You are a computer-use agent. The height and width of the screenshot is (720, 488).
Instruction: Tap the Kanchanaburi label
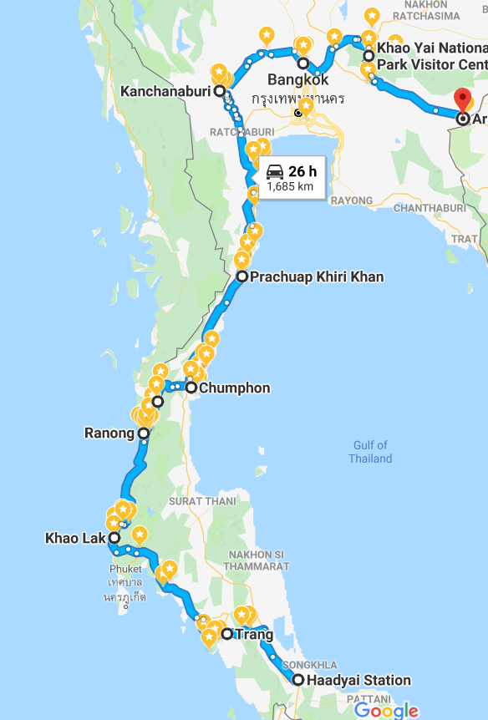click(x=165, y=90)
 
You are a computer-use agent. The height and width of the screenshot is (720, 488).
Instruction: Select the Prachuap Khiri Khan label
click(x=317, y=276)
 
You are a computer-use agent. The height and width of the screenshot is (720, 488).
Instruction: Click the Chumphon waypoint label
click(x=234, y=388)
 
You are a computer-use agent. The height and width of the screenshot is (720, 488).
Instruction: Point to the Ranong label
click(x=109, y=434)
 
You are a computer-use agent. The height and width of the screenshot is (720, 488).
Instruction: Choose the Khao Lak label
click(x=74, y=538)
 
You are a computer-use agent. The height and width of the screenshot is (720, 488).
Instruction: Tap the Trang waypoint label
click(x=254, y=635)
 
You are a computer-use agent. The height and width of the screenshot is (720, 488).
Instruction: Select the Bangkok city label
click(x=297, y=80)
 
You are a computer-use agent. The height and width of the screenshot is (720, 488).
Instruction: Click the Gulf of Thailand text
click(x=370, y=452)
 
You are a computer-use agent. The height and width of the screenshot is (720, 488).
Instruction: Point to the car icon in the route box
click(x=275, y=171)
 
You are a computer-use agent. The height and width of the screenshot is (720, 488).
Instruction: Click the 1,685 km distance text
click(x=290, y=186)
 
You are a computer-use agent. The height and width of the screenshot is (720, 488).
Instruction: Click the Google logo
click(x=386, y=710)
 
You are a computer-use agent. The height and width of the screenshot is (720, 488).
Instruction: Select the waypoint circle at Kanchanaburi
click(x=219, y=90)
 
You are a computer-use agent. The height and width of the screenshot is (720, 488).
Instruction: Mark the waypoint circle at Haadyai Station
click(x=298, y=680)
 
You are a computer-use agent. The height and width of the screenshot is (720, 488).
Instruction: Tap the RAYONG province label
click(x=351, y=200)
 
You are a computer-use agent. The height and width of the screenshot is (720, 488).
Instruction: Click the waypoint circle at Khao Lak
click(x=113, y=538)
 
